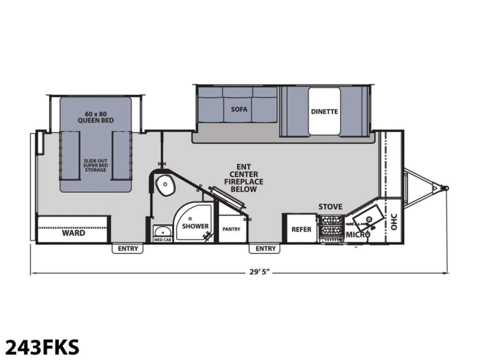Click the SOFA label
(239, 109)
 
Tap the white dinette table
(324, 111)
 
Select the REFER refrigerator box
(301, 228)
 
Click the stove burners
(330, 226)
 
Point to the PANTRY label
(232, 229)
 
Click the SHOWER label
(195, 226)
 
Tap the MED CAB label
(163, 240)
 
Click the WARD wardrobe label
(74, 233)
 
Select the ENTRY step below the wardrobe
(128, 248)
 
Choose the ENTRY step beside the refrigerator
(265, 248)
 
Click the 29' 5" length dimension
(260, 272)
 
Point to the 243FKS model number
(43, 347)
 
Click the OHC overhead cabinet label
(394, 222)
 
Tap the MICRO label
(358, 235)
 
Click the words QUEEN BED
(96, 120)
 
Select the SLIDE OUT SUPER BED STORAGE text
(96, 165)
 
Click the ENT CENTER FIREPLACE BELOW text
(244, 178)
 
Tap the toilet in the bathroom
(165, 185)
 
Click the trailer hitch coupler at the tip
(445, 187)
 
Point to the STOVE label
(330, 207)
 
